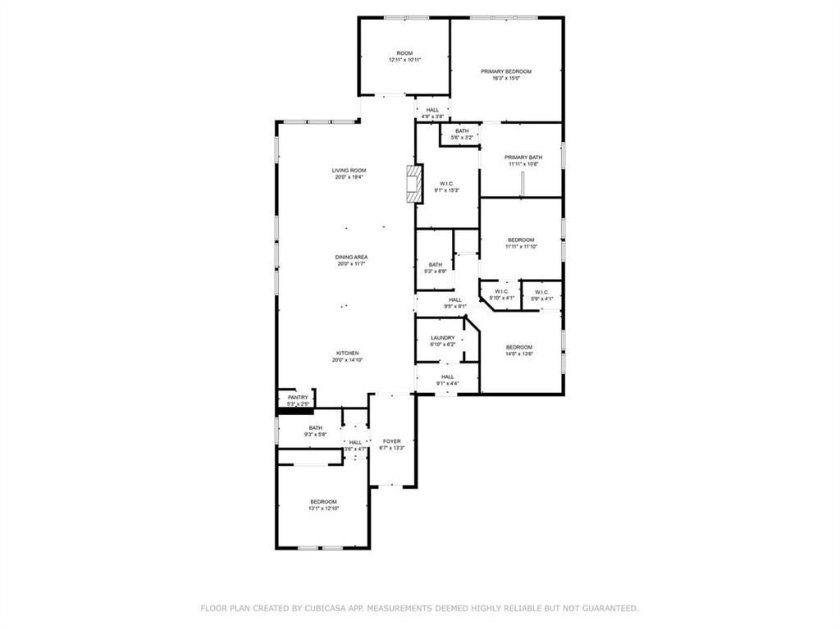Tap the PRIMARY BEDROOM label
point(506,71)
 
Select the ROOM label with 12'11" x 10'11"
point(405,53)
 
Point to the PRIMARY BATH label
point(523,157)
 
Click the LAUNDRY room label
point(442,338)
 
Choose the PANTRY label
point(298,398)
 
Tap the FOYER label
point(391,441)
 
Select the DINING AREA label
point(351,258)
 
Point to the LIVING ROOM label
point(349,171)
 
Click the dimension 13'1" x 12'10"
point(323,509)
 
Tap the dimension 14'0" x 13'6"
point(519,354)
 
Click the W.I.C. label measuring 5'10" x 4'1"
point(500,292)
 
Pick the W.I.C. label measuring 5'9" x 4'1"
point(541,292)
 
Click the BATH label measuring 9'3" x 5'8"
point(315,427)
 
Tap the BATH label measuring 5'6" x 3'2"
point(463,131)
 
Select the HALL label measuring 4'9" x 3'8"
point(432,110)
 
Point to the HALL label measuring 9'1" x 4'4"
point(447,377)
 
